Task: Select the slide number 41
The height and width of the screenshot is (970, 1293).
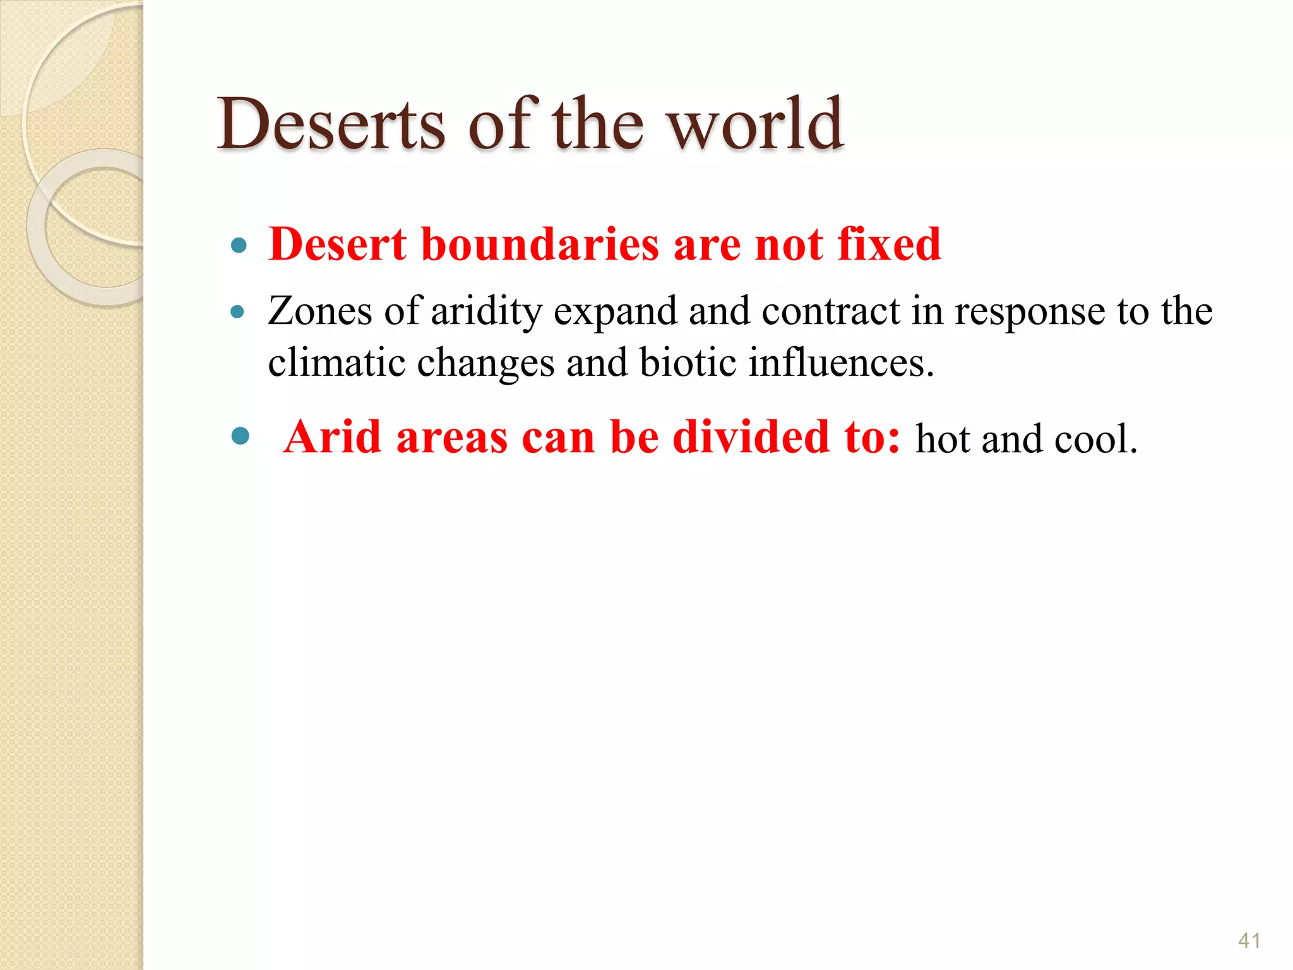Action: coord(1249,940)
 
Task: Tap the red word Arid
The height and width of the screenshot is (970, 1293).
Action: coord(332,437)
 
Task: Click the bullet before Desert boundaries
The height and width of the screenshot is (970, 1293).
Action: coord(239,245)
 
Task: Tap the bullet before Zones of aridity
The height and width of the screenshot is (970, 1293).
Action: coord(237,311)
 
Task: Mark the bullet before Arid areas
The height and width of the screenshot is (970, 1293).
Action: coord(240,436)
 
